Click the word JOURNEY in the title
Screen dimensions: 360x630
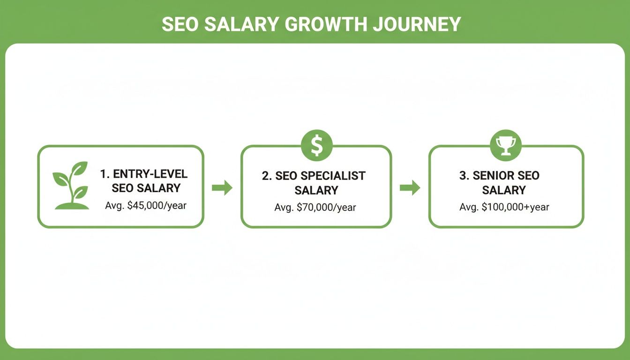click(x=417, y=24)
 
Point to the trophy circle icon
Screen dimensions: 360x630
click(x=505, y=144)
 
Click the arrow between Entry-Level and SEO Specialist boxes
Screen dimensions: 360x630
click(x=222, y=188)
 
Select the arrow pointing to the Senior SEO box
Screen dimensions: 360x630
click(x=410, y=188)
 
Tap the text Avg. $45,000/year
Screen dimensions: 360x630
click(x=146, y=205)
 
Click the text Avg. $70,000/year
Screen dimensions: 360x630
click(x=315, y=207)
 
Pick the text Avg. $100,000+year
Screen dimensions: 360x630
click(x=504, y=207)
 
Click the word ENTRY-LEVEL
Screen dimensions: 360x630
click(x=150, y=174)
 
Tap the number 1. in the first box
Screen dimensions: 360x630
click(x=104, y=174)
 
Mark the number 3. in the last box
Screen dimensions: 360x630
click(x=464, y=176)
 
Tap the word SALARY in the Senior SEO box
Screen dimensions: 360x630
click(x=504, y=190)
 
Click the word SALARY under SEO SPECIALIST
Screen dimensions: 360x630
click(x=316, y=190)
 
